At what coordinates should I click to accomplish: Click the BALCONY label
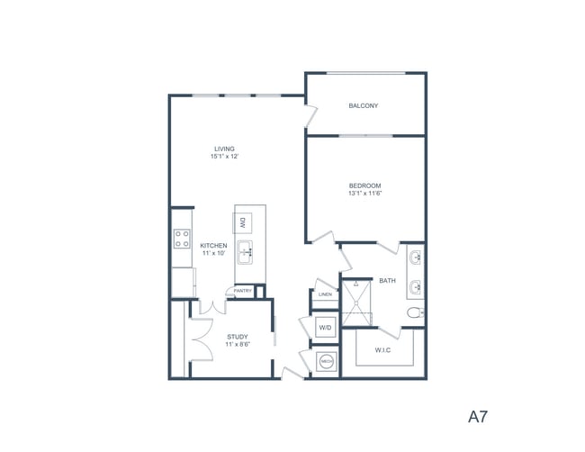364,106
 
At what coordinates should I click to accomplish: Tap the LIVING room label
224,149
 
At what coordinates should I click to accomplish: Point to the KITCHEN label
213,246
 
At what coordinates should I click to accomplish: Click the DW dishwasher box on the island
243,221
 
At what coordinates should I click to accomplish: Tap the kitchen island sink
244,250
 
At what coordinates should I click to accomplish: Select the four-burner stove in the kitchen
181,239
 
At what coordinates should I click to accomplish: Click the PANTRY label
243,291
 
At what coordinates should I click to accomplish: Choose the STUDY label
237,337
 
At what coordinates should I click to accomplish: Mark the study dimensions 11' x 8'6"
237,345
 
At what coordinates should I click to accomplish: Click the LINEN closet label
325,294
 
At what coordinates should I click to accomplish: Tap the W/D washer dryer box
325,329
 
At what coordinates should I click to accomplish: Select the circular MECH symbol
327,362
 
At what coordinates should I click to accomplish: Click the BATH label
387,281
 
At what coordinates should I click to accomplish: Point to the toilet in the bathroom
414,313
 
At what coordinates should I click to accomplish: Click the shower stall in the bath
357,302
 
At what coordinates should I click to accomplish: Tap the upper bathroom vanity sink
417,259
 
